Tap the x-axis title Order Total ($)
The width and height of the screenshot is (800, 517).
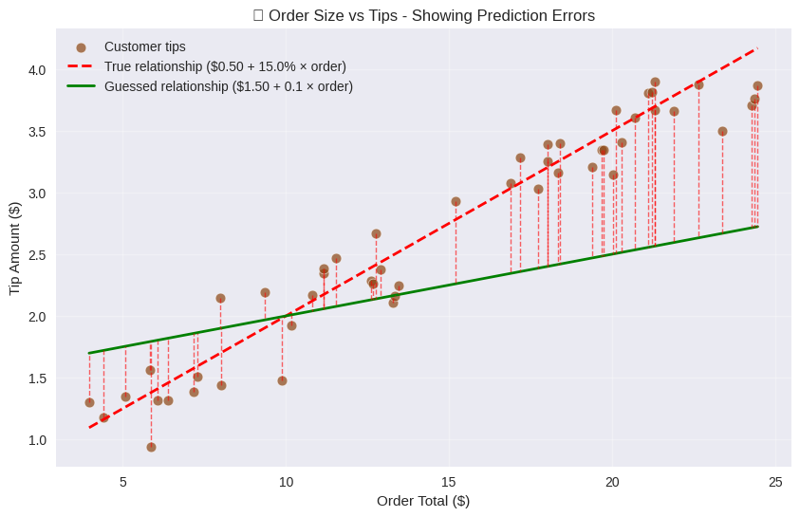pyautogui.click(x=423, y=501)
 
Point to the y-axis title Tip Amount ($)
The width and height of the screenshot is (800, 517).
pyautogui.click(x=14, y=248)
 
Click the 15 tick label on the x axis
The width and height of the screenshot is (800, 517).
pyautogui.click(x=449, y=482)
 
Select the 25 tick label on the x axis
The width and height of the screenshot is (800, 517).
pyautogui.click(x=775, y=482)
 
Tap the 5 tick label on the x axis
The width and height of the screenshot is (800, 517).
pyautogui.click(x=123, y=482)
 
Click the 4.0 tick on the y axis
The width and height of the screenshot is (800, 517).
pyautogui.click(x=36, y=70)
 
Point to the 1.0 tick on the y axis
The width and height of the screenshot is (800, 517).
pyautogui.click(x=36, y=440)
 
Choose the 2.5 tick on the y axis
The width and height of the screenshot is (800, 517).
pyautogui.click(x=36, y=255)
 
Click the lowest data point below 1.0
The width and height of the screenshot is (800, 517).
pyautogui.click(x=151, y=447)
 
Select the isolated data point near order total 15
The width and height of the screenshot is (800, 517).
pyautogui.click(x=456, y=201)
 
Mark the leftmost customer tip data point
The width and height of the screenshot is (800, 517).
pyautogui.click(x=89, y=402)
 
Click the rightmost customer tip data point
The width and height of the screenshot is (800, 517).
pyautogui.click(x=757, y=85)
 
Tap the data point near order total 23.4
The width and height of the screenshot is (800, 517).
pyautogui.click(x=722, y=131)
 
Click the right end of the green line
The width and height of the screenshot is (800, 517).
pyautogui.click(x=757, y=227)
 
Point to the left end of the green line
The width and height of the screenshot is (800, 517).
pyautogui.click(x=89, y=353)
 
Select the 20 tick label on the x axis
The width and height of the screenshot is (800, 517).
pyautogui.click(x=612, y=482)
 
